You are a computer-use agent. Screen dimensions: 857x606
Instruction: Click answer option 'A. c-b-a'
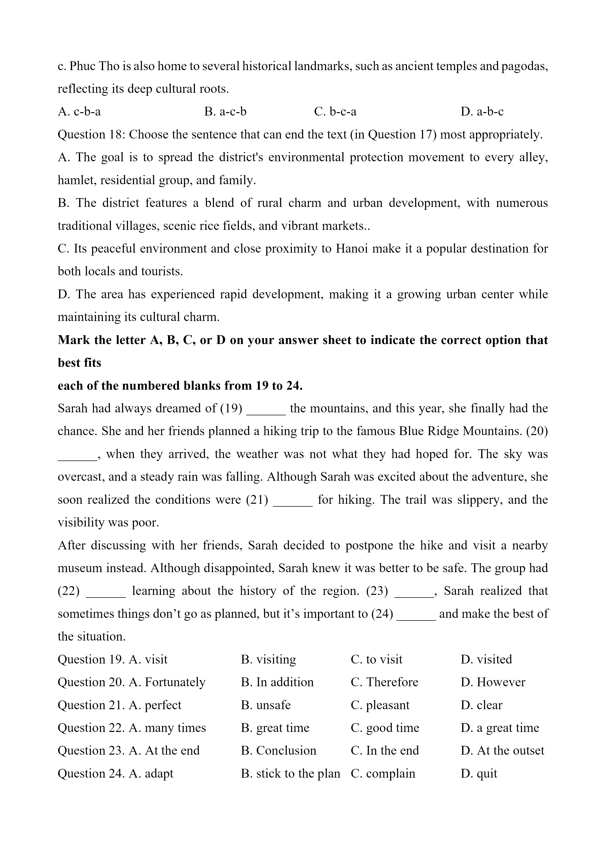coord(79,112)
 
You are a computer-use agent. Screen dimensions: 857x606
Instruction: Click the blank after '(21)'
coord(293,500)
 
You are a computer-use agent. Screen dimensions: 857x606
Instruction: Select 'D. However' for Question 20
coord(493,682)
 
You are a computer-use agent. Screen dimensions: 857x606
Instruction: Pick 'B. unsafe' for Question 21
coord(266,705)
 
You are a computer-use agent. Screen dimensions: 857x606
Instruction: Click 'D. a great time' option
coord(500,728)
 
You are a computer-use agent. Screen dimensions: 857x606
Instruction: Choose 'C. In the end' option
coord(385,751)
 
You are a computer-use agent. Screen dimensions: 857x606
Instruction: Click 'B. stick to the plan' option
coord(290,773)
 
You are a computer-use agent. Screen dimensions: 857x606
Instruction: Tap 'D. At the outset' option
coord(502,751)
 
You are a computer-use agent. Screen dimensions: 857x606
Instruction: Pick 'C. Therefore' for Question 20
coord(384,682)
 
